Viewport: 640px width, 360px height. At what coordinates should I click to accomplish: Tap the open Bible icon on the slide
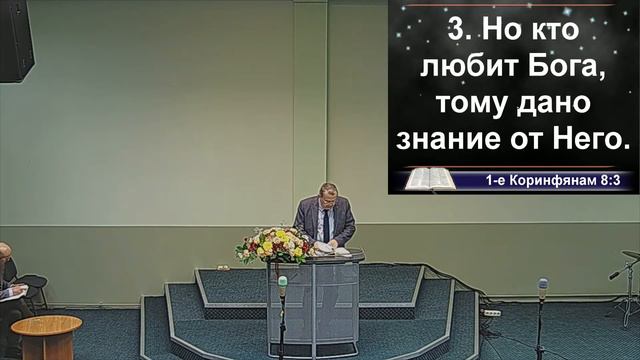(427, 179)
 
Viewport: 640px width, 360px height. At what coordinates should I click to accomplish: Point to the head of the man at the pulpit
(328, 194)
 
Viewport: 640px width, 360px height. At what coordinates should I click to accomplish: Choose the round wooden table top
(46, 325)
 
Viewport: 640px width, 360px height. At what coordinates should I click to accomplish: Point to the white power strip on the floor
(491, 313)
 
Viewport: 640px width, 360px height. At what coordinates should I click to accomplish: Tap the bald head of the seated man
(5, 250)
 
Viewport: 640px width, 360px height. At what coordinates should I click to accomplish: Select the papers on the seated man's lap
(13, 292)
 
